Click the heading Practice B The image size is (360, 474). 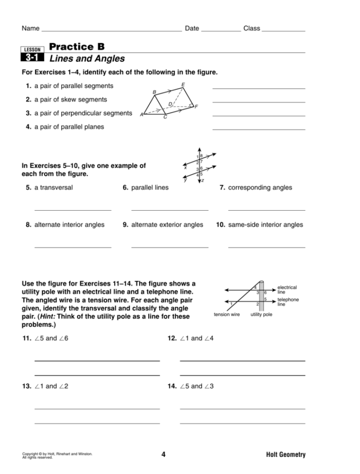[x=77, y=47]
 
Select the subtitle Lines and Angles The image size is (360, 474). [x=87, y=59]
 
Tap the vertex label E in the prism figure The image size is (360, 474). [x=183, y=85]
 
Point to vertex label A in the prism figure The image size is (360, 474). [x=141, y=115]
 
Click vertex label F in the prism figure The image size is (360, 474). [x=196, y=107]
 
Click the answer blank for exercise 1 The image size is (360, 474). [x=259, y=88]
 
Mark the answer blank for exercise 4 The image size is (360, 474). [x=259, y=129]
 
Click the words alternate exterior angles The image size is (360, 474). [x=167, y=225]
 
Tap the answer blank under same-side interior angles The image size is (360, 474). [x=266, y=247]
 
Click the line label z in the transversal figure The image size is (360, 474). [x=202, y=181]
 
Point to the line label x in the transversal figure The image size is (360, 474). [x=185, y=168]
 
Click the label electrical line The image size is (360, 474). [x=287, y=290]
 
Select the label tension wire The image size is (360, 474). [x=226, y=315]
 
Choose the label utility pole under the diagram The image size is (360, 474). [x=261, y=315]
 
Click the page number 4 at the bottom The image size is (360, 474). [x=163, y=455]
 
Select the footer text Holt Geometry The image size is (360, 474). [x=286, y=455]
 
